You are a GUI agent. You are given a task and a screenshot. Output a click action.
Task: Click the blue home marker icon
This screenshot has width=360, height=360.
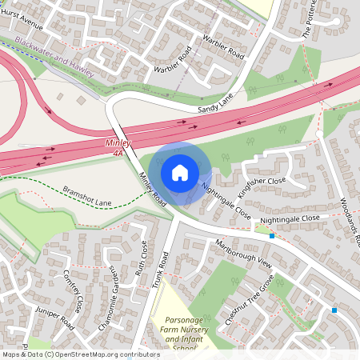[180, 172]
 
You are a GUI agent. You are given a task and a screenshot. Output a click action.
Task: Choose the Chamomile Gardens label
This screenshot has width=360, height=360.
[114, 287]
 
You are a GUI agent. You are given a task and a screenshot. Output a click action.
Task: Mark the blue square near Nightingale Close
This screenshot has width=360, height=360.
[272, 235]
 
